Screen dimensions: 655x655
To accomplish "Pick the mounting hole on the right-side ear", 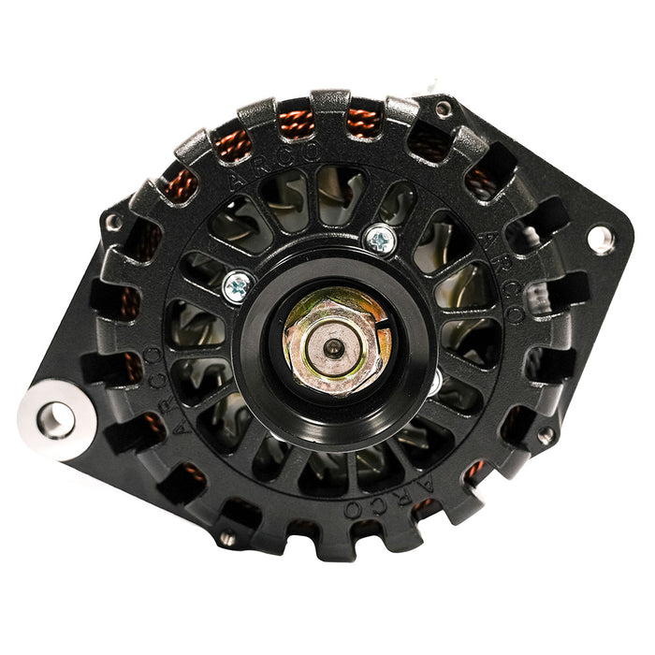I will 599,239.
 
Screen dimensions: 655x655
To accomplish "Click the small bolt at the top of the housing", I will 444,109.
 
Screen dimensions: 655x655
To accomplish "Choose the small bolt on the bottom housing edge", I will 226,537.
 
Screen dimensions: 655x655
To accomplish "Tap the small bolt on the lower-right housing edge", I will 544,436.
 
